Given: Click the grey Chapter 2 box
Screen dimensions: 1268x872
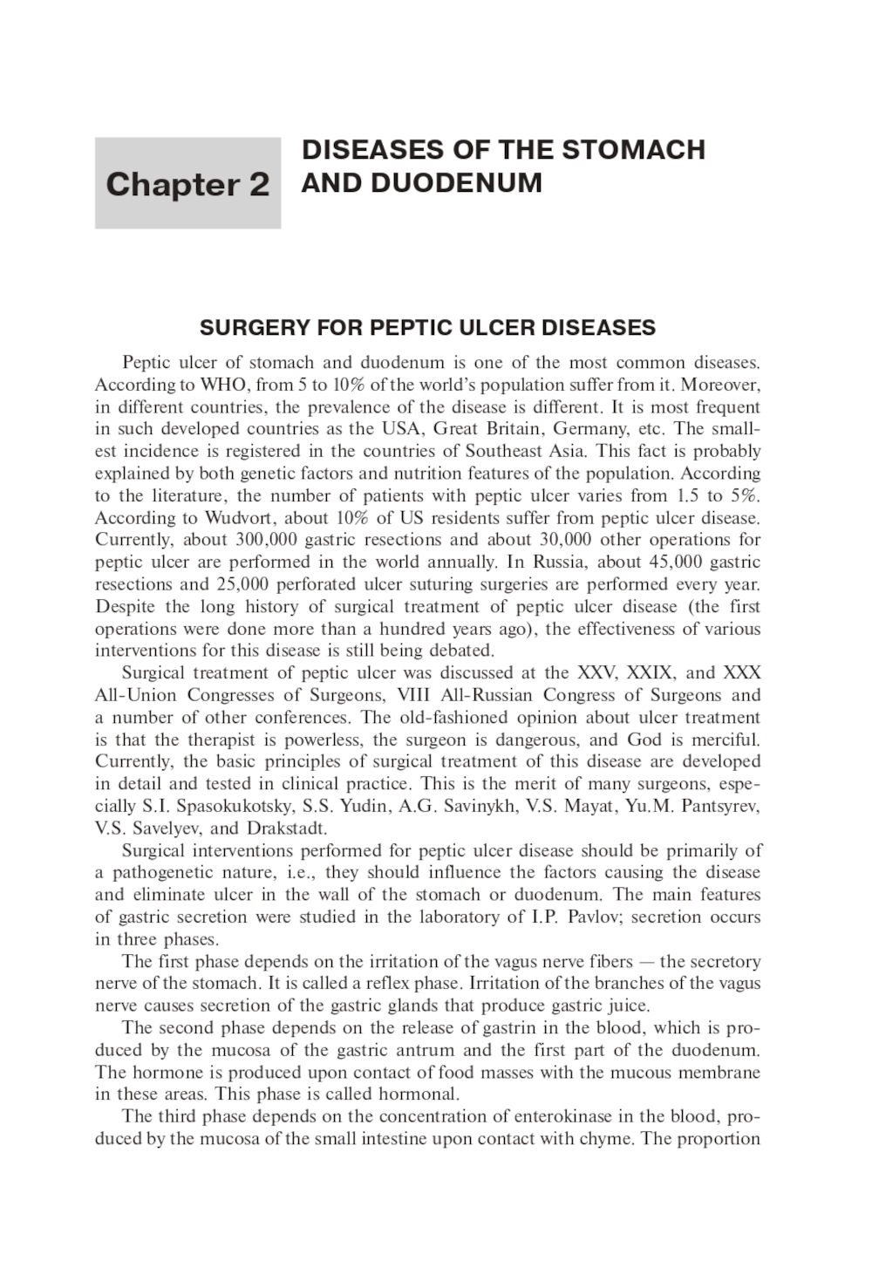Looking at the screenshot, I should click(x=187, y=184).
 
